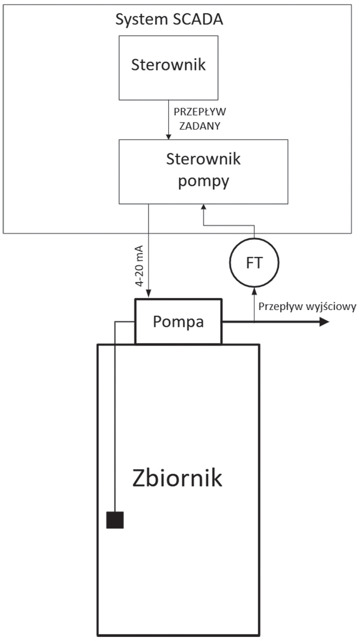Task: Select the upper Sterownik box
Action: point(168,67)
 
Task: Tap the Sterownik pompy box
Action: point(203,171)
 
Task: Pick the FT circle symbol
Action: point(254,262)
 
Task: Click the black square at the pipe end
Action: point(115,520)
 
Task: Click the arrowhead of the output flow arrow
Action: point(324,322)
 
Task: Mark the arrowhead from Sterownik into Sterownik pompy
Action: point(168,136)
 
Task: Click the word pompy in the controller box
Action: point(203,181)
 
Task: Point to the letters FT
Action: point(254,262)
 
